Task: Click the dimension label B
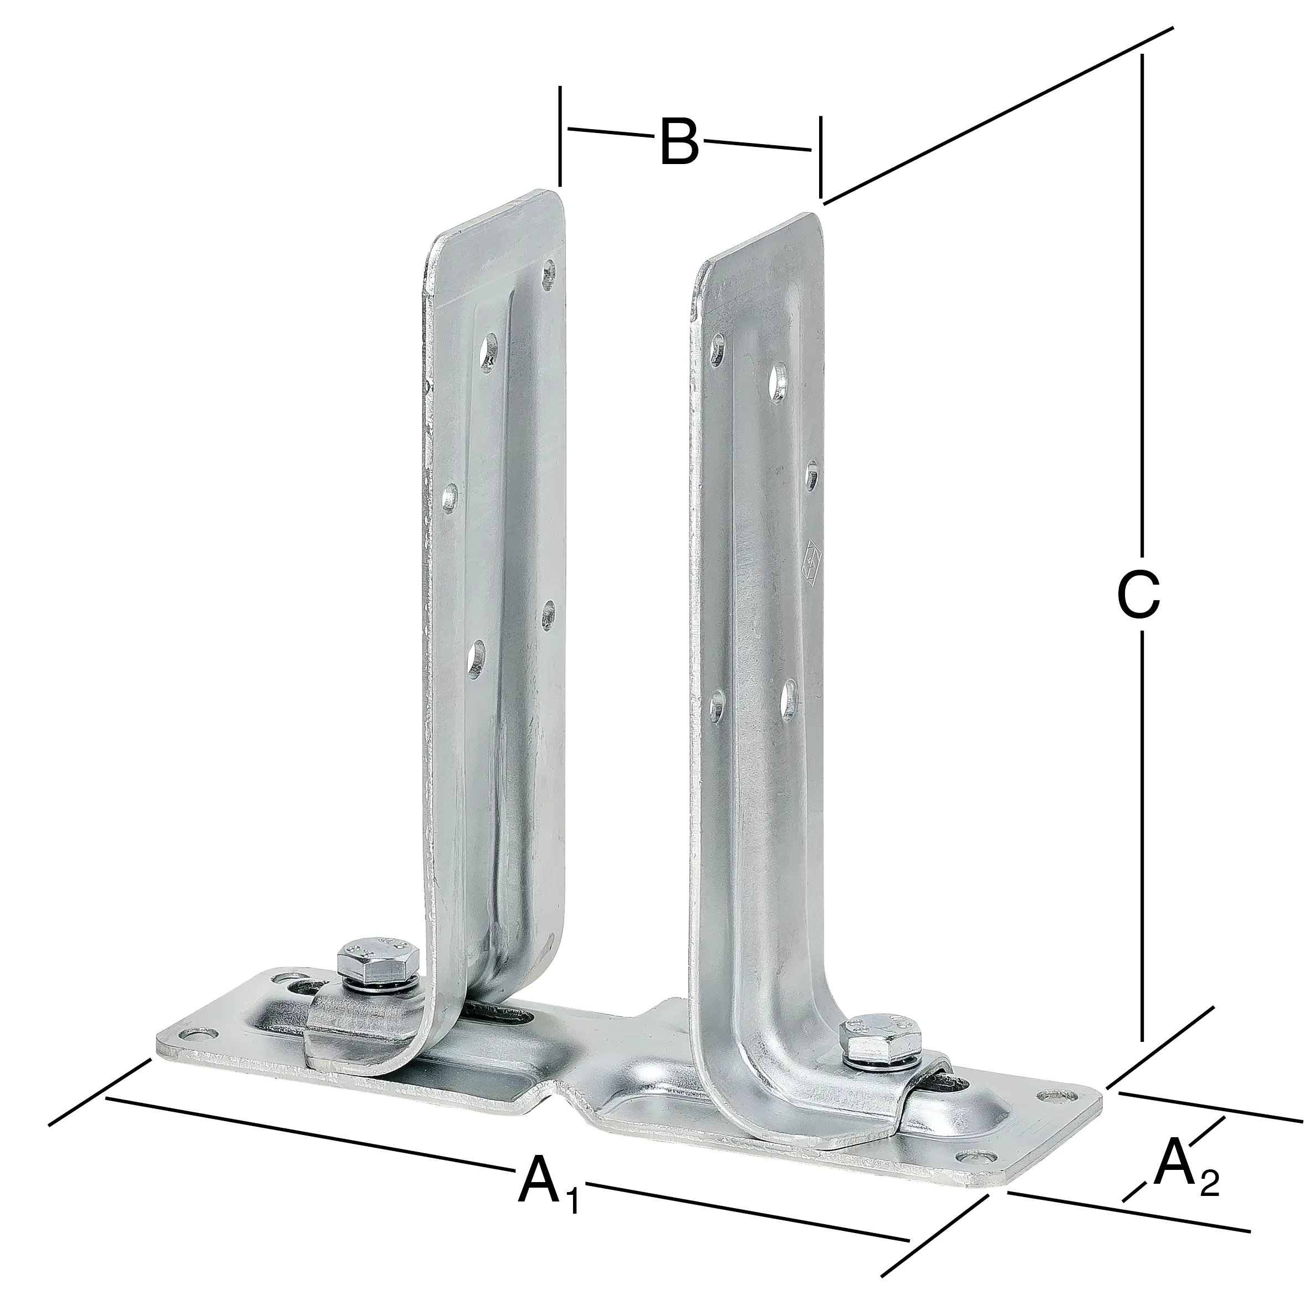[x=678, y=142]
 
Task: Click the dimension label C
[x=1138, y=596]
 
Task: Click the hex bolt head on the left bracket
[x=377, y=962]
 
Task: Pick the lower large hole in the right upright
[x=789, y=697]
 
